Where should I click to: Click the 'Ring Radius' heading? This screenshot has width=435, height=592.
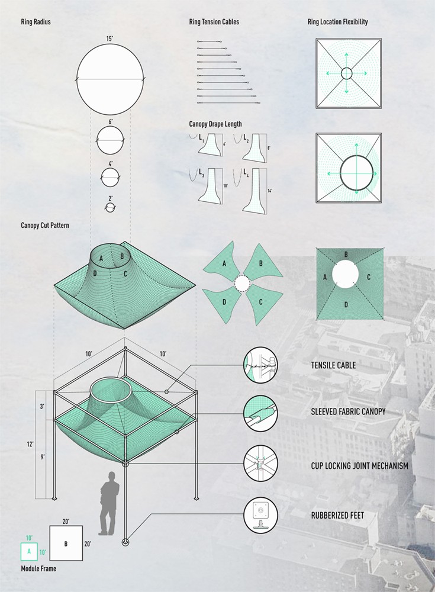tap(36, 22)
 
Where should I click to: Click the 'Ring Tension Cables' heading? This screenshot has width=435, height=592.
tap(214, 22)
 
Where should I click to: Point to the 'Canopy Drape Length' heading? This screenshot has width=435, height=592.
tap(215, 124)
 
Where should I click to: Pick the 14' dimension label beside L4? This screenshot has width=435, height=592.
tap(270, 191)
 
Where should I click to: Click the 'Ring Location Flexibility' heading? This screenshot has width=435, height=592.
tap(337, 22)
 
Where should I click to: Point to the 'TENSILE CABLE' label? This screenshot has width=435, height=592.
tap(333, 365)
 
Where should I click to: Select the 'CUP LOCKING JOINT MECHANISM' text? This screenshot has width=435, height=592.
tap(359, 465)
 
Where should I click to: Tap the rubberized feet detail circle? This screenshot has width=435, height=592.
tap(260, 516)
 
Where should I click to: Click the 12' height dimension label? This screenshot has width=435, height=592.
tap(30, 445)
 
